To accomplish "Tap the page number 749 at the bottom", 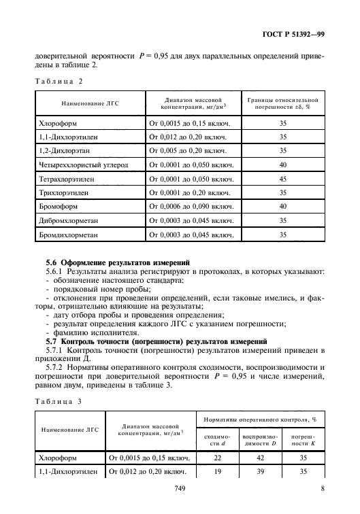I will pyautogui.click(x=180, y=487).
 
